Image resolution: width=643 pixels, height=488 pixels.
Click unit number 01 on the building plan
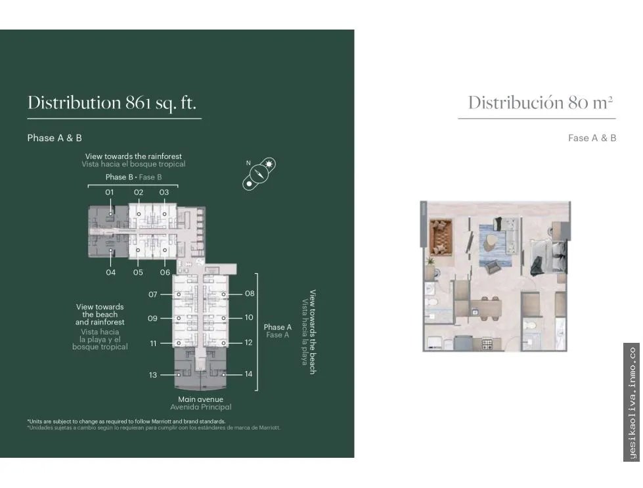109,192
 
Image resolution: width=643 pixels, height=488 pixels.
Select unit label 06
165,273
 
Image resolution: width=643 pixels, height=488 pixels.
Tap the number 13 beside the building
153,375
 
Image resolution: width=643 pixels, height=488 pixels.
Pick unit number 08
250,294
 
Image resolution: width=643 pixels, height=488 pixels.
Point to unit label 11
154,344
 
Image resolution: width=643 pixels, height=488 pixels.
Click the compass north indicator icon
259,173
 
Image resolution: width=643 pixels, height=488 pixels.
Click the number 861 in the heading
139,102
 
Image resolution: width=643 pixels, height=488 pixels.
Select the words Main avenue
200,399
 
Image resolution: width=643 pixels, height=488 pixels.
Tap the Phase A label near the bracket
278,327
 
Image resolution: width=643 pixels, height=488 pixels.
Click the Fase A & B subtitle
592,138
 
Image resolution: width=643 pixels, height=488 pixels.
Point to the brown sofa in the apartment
441,238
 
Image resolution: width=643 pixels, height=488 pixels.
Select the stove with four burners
487,343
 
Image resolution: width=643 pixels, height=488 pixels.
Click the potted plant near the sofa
430,261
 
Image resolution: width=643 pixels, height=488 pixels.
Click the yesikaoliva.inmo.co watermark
632,403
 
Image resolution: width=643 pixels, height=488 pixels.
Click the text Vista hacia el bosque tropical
133,164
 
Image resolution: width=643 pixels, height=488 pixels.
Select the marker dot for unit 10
223,319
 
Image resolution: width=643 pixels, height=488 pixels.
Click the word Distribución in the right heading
516,102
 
